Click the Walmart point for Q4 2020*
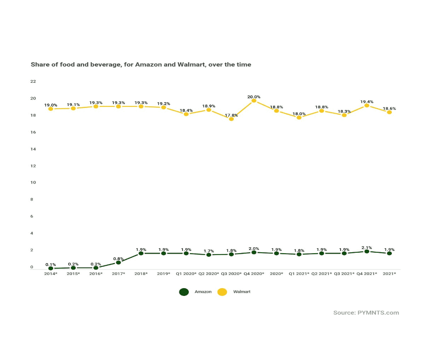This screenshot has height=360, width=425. point(254,101)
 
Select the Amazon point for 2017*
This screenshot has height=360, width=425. point(119,262)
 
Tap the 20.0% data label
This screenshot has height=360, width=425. point(254,96)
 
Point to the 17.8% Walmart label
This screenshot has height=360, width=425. point(231,115)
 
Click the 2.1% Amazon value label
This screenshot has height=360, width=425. point(367,248)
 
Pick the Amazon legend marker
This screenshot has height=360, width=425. point(184,292)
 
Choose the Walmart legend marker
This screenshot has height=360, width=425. point(222,292)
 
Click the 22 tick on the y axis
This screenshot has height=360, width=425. point(33,81)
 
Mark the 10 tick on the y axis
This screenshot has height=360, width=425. point(33,183)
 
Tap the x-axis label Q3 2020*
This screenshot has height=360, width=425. point(231,274)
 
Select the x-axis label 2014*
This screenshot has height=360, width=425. point(50,274)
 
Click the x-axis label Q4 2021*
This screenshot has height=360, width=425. point(367,274)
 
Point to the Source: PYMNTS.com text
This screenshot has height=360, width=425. point(366,313)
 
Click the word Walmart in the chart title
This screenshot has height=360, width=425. point(191,65)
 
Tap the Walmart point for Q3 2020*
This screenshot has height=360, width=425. point(231,119)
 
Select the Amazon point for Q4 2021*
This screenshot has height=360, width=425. point(367,251)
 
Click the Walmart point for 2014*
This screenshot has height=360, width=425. point(50,109)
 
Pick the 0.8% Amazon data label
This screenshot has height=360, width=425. point(119,259)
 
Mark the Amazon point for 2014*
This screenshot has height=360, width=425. point(50,268)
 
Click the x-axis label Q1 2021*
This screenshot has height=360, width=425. point(299,274)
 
